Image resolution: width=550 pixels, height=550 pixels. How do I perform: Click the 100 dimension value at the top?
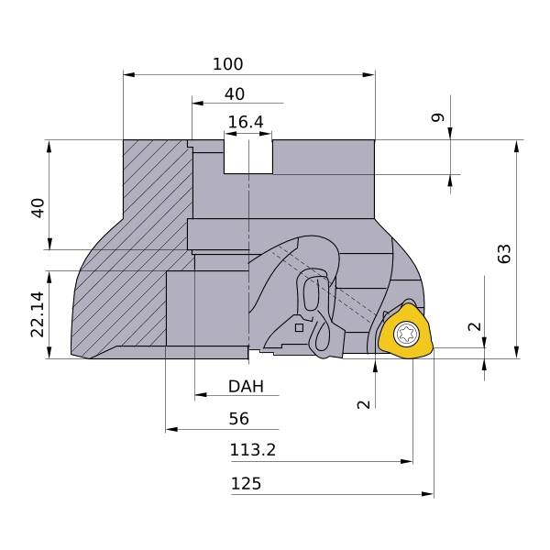coord(228,64)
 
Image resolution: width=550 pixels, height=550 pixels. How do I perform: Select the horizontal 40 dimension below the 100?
coord(235,93)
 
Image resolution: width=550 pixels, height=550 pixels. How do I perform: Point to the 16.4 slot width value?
coord(246,122)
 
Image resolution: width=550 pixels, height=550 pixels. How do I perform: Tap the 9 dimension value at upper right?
coord(437,117)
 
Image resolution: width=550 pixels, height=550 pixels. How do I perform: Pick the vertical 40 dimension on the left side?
coord(38,207)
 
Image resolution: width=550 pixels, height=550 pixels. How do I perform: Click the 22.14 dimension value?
coord(38,314)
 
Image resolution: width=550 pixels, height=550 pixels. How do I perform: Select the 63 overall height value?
coord(503,254)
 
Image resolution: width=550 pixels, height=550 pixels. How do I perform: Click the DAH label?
coord(246,387)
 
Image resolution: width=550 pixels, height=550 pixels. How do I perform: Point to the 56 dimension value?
coord(238,419)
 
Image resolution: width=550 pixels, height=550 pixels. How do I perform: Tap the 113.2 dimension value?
coord(253,450)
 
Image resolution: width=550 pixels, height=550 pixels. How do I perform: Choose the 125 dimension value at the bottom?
coord(246,483)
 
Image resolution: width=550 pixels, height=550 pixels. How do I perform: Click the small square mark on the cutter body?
coord(299,326)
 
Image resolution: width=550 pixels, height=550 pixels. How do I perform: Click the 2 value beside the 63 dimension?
coord(473,327)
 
